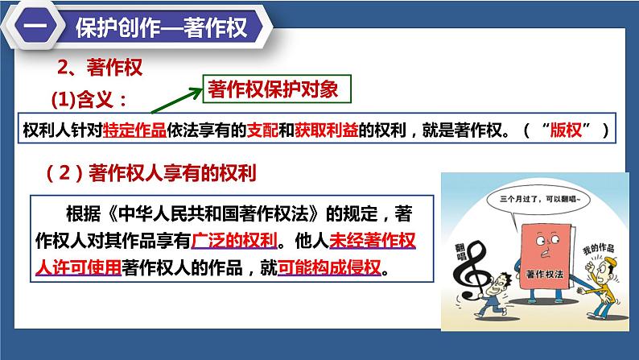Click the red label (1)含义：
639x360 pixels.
tap(88, 101)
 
